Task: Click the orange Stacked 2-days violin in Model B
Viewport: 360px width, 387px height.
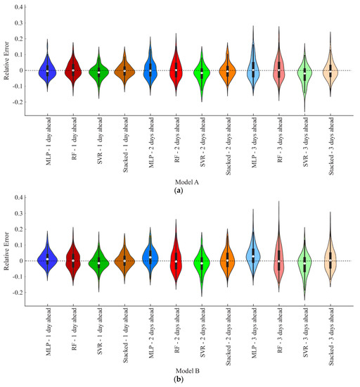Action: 227,260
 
